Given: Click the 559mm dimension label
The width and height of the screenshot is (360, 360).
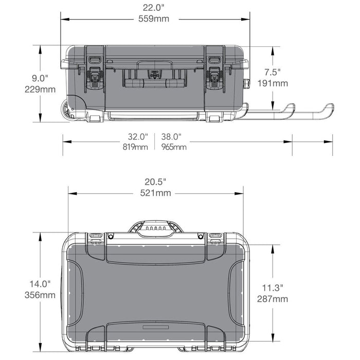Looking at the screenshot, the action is (x=154, y=19).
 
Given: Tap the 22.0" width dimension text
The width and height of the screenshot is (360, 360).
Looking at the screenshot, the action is (x=154, y=8).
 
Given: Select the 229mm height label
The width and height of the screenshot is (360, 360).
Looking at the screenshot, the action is (x=40, y=89).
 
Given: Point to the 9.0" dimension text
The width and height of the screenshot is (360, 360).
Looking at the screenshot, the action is (x=40, y=78).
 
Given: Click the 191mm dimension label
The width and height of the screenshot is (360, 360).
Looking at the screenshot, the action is (x=273, y=83).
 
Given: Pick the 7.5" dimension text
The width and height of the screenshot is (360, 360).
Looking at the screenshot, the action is (x=273, y=72).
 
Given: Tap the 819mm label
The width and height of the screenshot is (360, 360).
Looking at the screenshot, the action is (x=135, y=147).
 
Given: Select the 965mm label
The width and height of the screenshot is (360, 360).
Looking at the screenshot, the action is (x=174, y=147).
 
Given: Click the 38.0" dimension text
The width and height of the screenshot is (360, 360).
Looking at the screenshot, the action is (x=171, y=137).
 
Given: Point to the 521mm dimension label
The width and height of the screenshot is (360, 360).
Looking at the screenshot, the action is (x=156, y=193).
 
